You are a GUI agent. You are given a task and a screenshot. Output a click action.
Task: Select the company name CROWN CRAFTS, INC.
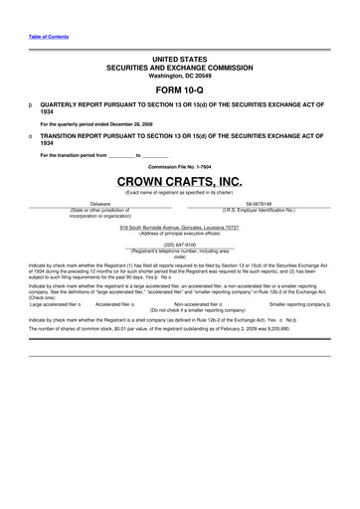click(x=179, y=182)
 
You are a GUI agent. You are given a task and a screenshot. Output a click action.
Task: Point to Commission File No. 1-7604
click(x=179, y=165)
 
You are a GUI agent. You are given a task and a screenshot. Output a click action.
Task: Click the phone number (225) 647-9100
click(x=179, y=243)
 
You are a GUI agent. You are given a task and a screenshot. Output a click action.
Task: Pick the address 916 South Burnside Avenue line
click(x=179, y=227)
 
